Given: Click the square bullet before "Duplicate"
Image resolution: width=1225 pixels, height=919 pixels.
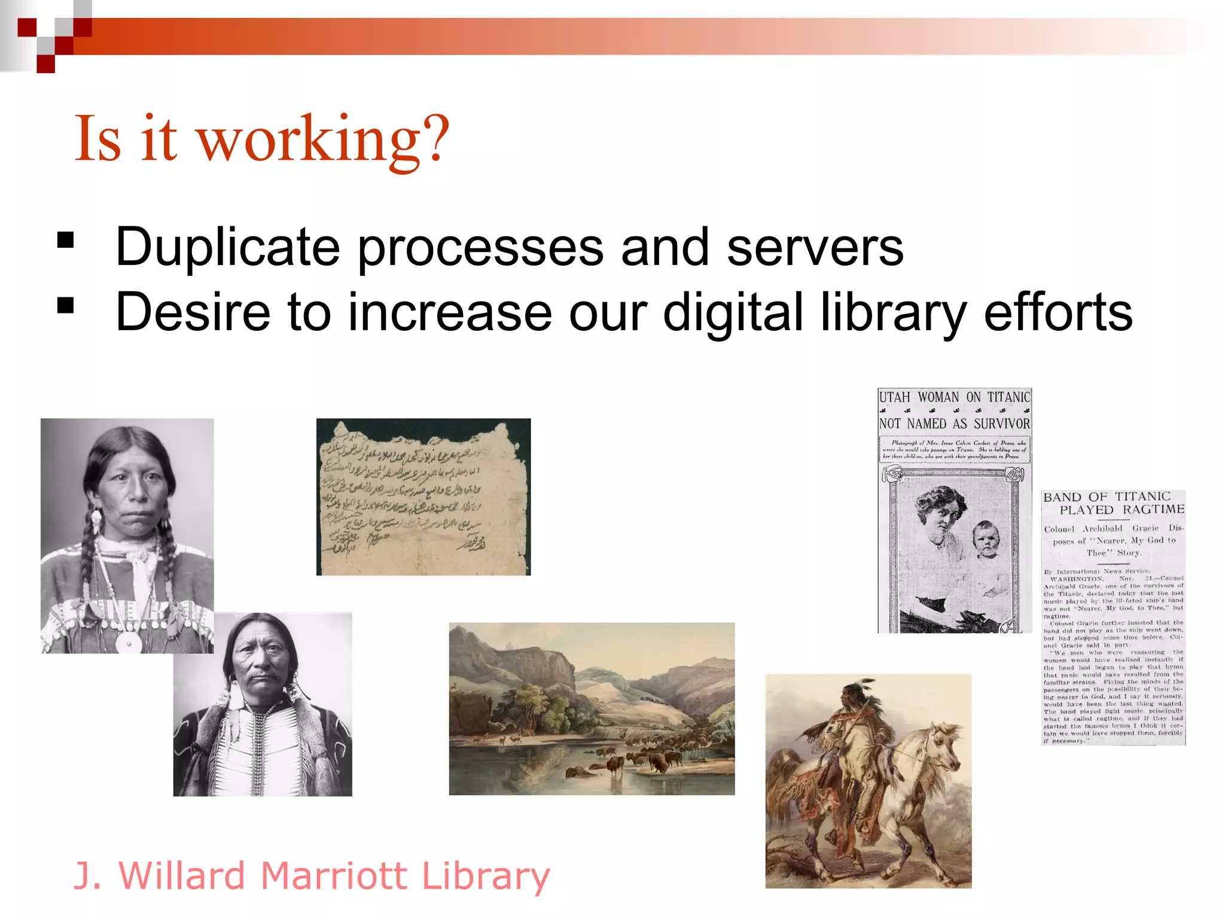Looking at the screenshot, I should coord(65,241).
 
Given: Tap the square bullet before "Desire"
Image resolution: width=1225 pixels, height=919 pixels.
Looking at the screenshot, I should coord(65,306).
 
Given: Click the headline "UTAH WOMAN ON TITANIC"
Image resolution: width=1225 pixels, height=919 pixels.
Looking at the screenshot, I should coord(955,397).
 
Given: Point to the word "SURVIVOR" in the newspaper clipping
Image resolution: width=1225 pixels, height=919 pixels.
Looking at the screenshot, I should coord(1002,424).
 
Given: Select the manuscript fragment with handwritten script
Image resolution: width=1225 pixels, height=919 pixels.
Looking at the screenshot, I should coord(423,497).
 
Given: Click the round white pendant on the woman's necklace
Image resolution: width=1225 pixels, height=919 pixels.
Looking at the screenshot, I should coord(129,642).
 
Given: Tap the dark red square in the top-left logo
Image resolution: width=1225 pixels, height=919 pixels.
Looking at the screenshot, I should coord(46,63).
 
